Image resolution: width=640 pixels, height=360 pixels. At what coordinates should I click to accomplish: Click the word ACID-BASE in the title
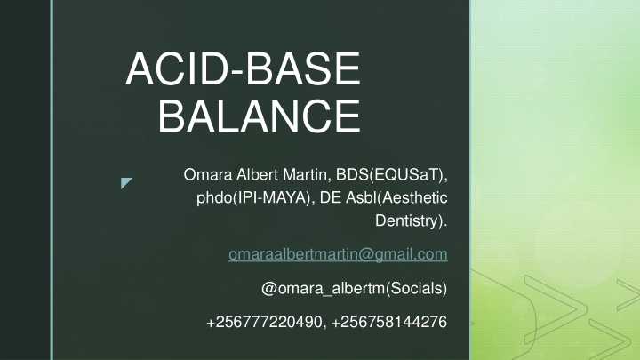tap(244, 68)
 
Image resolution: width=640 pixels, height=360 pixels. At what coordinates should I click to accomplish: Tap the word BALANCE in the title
tap(260, 116)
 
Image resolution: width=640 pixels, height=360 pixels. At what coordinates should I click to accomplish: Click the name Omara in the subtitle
tap(208, 175)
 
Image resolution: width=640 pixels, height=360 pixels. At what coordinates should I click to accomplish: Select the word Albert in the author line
tap(258, 175)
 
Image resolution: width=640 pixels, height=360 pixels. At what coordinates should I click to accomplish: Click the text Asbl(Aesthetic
tap(396, 198)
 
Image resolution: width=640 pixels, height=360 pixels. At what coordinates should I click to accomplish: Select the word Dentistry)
tap(412, 221)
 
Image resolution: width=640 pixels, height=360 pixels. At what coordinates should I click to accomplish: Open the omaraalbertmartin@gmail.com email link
tap(338, 255)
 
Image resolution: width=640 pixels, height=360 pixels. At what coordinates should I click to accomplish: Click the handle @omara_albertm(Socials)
tap(355, 289)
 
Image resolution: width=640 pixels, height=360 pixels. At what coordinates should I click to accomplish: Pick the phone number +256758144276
tap(389, 322)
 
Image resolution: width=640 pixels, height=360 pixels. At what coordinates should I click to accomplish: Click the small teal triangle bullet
tap(125, 182)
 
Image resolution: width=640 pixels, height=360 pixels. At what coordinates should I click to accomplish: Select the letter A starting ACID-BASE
tap(140, 68)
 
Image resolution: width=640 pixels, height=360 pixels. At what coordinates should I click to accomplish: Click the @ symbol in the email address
tap(366, 255)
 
